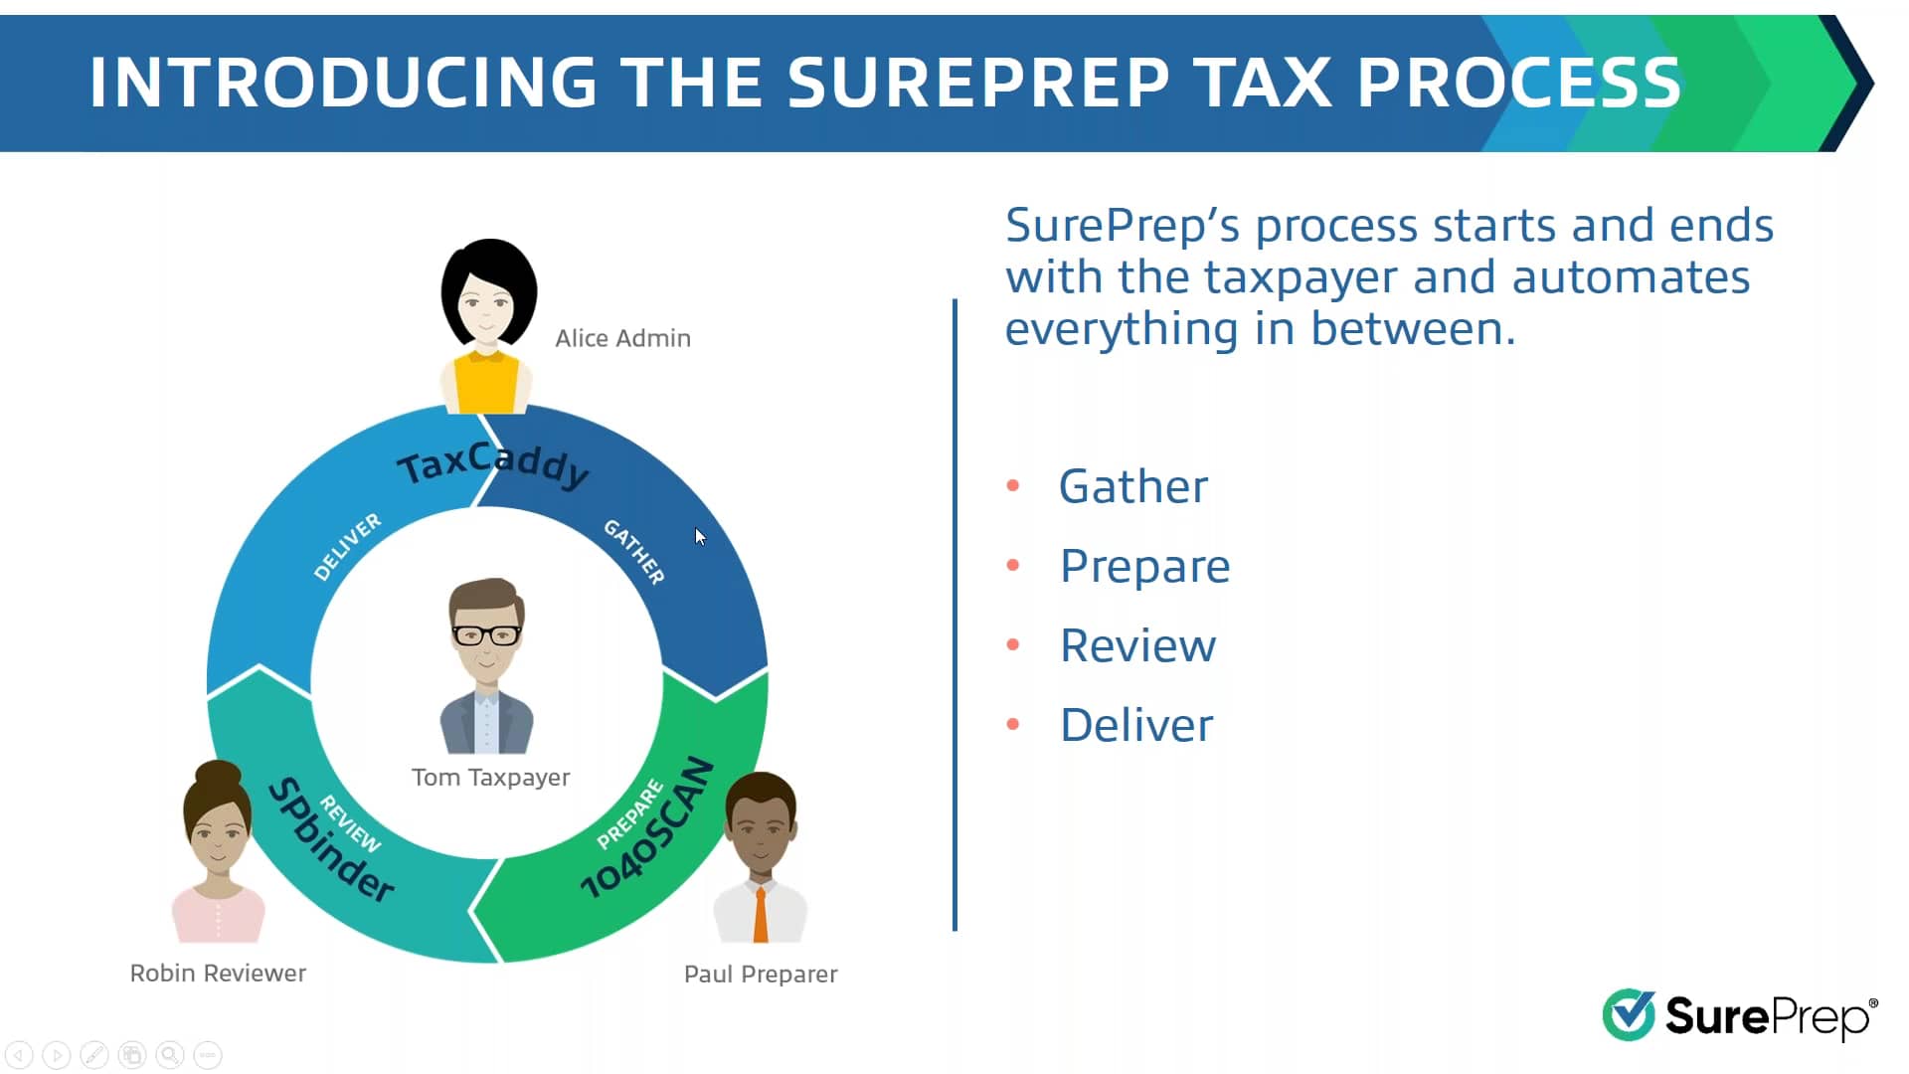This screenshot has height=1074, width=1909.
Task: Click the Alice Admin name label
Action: point(622,338)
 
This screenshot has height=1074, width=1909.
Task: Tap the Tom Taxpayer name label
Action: point(490,777)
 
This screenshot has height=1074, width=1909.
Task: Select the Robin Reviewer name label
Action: point(218,973)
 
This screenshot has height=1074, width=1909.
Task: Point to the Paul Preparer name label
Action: point(761,974)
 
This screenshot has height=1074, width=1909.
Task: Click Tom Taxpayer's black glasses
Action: point(486,634)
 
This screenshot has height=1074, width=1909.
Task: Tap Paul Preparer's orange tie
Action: point(761,915)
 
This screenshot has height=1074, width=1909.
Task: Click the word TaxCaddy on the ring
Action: point(493,463)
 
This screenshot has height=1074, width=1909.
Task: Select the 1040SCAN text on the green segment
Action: point(648,827)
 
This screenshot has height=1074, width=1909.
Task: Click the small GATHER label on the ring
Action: point(634,552)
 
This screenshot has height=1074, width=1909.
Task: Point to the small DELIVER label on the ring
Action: point(347,546)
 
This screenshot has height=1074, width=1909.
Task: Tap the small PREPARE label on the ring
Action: point(629,815)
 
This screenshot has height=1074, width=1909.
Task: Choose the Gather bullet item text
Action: point(1133,486)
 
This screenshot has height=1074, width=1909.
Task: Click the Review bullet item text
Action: point(1137,645)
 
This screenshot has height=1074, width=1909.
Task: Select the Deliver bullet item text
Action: point(1136,725)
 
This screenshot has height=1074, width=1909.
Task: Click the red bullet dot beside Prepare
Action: point(1013,565)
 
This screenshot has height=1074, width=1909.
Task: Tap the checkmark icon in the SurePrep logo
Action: point(1629,1014)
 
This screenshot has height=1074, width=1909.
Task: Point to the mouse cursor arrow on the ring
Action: point(700,537)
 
